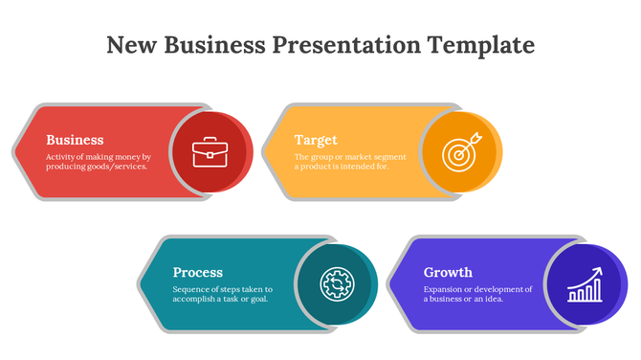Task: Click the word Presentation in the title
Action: (347, 45)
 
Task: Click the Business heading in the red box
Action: (75, 140)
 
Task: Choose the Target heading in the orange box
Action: (316, 140)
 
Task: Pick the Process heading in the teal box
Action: (198, 272)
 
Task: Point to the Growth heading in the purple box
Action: (448, 272)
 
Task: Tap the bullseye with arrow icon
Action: (462, 152)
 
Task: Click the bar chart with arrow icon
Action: (584, 284)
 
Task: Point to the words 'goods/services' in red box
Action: (115, 167)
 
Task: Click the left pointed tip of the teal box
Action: (140, 284)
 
